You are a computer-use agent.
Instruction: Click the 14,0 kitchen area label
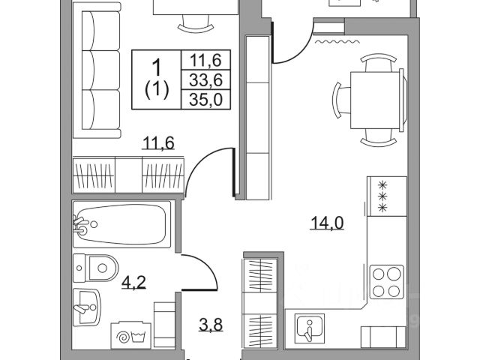pos(328,222)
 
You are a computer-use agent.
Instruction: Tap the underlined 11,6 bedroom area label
pos(158,142)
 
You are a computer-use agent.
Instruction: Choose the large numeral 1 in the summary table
pos(157,66)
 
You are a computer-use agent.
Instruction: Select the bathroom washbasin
pos(88,306)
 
